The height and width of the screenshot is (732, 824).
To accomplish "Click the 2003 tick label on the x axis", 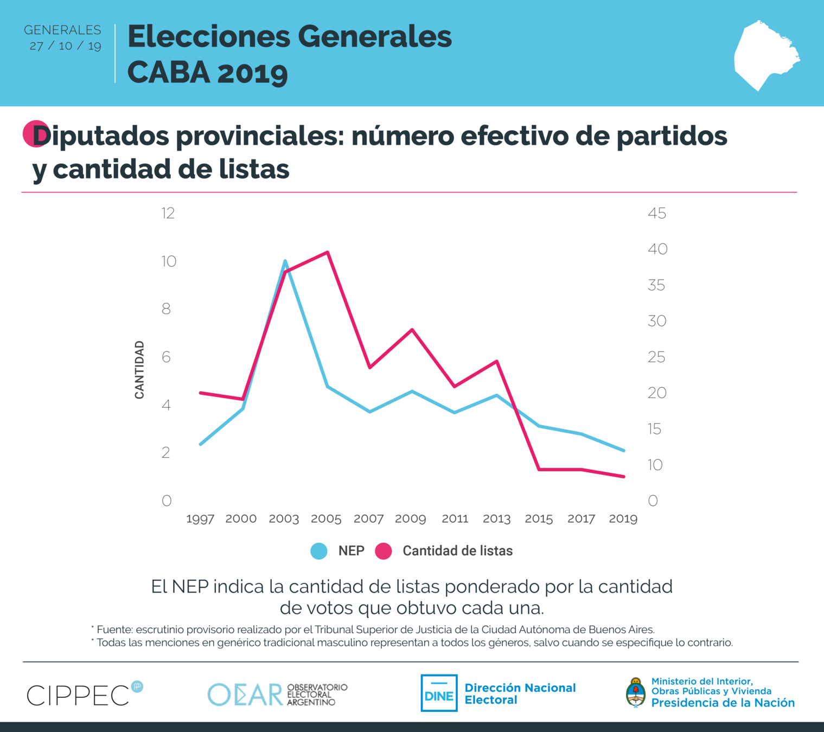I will pyautogui.click(x=284, y=519).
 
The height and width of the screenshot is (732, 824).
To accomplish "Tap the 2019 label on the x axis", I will pyautogui.click(x=623, y=519).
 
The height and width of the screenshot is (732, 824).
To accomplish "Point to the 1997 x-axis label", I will pyautogui.click(x=200, y=519).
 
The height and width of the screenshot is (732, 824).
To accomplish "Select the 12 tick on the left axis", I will pyautogui.click(x=168, y=213).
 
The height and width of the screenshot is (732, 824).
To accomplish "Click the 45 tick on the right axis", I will pyautogui.click(x=656, y=213).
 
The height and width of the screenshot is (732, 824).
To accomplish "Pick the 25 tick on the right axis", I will pyautogui.click(x=656, y=357).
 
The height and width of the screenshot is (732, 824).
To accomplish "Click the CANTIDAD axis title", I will pyautogui.click(x=139, y=370).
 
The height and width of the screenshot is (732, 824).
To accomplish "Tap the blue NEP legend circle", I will pyautogui.click(x=319, y=551).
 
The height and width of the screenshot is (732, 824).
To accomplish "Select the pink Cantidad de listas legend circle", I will pyautogui.click(x=384, y=551).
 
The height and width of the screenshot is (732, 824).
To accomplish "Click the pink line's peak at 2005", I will pyautogui.click(x=328, y=252).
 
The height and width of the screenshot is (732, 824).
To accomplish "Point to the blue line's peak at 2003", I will pyautogui.click(x=285, y=261).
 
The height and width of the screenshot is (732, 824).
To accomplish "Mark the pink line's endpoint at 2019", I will pyautogui.click(x=624, y=477).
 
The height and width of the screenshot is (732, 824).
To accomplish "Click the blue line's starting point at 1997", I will pyautogui.click(x=201, y=444).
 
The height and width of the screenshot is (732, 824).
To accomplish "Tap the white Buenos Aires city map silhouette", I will pyautogui.click(x=765, y=54).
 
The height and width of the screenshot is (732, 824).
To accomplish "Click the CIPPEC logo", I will pyautogui.click(x=79, y=695).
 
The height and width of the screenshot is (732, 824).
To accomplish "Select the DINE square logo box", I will pyautogui.click(x=439, y=693).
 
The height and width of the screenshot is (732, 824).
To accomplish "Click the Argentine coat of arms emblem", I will pyautogui.click(x=635, y=693).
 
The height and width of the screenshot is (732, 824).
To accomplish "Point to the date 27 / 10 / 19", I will pyautogui.click(x=66, y=46).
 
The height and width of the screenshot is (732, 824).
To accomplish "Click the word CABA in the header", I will pyautogui.click(x=169, y=72).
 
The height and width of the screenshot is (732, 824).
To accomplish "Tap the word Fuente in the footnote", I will pyautogui.click(x=114, y=630).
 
